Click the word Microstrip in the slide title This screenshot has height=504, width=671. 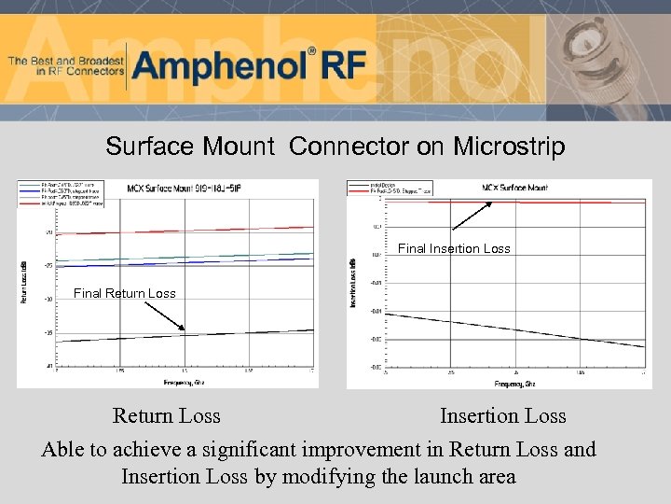point(509,147)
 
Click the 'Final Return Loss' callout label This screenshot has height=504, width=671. point(124,293)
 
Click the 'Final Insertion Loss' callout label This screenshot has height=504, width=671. point(454,248)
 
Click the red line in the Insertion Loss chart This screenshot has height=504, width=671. point(559,202)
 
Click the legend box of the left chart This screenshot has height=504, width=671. point(62,192)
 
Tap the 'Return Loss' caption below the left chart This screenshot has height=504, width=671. point(166,416)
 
